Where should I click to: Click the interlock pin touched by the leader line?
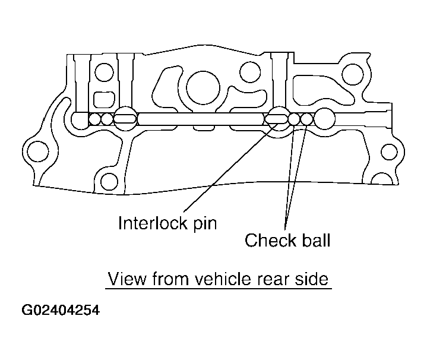point(276,119)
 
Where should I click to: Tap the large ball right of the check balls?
point(325,119)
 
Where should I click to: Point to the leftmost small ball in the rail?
point(94,119)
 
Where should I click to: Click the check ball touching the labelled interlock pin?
point(295,119)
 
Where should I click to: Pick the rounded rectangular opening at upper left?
point(106,99)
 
